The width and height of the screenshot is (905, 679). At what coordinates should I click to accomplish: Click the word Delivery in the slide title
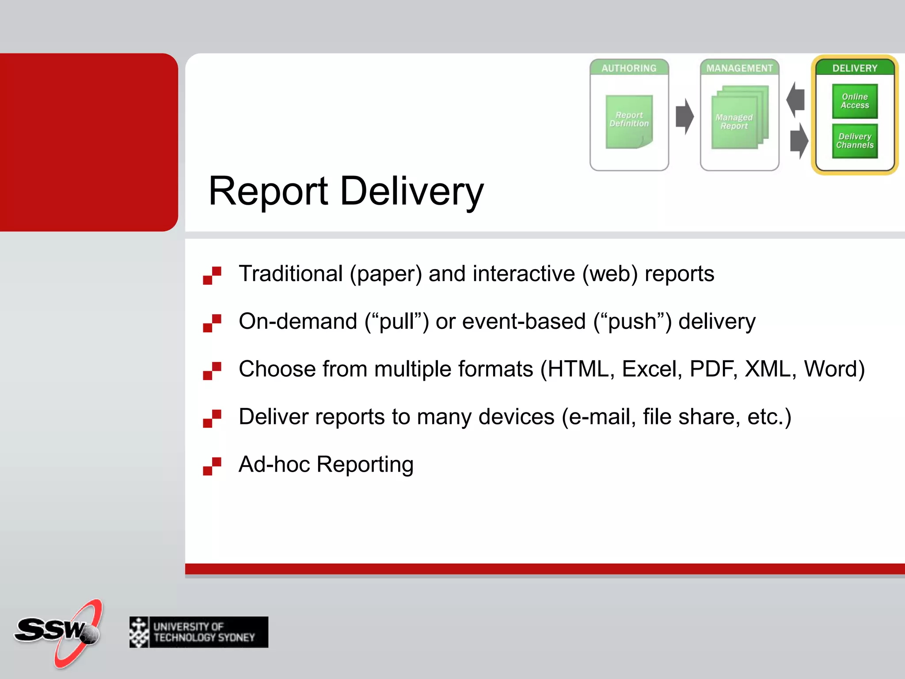(412, 191)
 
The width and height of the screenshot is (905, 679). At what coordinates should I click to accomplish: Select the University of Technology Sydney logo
(199, 632)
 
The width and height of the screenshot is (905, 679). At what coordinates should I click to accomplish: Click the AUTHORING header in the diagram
(629, 68)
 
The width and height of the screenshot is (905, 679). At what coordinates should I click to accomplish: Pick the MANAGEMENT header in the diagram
(739, 68)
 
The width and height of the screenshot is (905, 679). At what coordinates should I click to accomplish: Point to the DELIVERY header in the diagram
(855, 68)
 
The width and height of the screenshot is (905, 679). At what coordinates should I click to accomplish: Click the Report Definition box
(629, 121)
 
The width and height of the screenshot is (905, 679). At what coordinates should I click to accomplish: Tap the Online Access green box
(855, 101)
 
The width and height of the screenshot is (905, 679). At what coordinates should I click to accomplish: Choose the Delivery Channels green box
(855, 141)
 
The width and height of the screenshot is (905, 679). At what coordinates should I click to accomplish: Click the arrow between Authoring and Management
(684, 116)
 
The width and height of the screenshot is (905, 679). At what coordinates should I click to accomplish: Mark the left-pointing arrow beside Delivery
(796, 99)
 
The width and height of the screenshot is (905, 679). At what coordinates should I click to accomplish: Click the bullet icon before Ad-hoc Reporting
(212, 466)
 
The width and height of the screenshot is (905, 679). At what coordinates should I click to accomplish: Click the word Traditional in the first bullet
(291, 273)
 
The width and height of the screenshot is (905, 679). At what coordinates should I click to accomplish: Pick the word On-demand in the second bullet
(298, 321)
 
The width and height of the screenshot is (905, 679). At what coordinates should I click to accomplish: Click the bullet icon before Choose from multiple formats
(212, 371)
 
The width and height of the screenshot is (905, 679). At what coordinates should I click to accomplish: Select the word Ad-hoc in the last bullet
(274, 464)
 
